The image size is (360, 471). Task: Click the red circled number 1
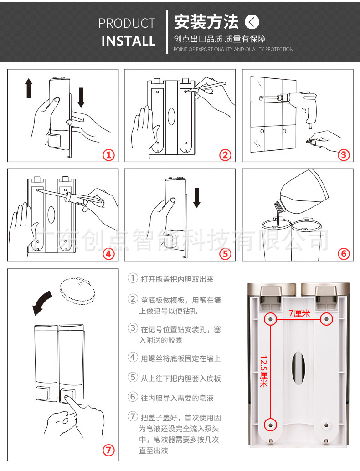[x=108, y=155]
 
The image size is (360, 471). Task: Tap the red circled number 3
[x=344, y=155]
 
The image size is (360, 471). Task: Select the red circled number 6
[x=344, y=254]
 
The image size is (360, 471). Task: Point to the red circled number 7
[x=108, y=451]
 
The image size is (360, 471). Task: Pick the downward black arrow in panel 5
[x=196, y=196]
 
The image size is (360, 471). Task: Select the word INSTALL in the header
[x=128, y=41]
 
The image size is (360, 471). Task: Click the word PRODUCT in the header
[x=127, y=23]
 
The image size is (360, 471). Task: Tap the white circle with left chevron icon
[x=252, y=21]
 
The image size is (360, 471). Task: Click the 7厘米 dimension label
[x=299, y=313]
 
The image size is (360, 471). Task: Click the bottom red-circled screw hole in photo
[x=270, y=425]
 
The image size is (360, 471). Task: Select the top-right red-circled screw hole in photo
[x=326, y=320]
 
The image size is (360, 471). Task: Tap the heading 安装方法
[x=206, y=21]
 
